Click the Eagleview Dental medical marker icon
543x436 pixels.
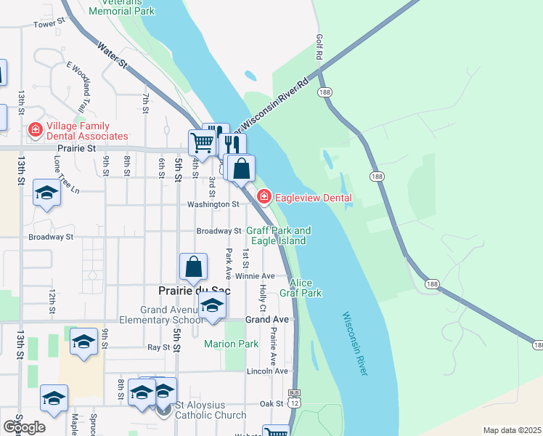click(x=264, y=196)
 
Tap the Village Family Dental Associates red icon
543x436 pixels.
click(x=34, y=130)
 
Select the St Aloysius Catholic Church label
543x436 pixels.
click(x=211, y=416)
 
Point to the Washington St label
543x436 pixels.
click(x=213, y=205)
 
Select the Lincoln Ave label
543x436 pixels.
click(x=268, y=371)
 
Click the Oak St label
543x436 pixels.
click(x=271, y=403)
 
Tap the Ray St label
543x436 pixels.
click(x=158, y=347)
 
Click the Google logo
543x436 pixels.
click(x=24, y=427)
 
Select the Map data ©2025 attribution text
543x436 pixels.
click(x=511, y=430)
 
